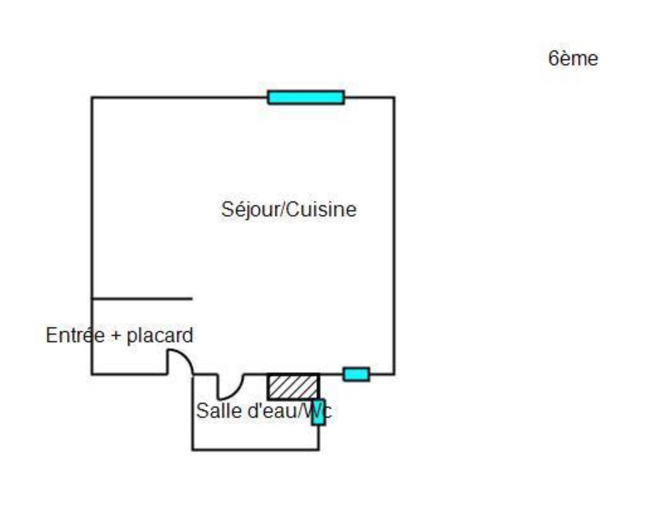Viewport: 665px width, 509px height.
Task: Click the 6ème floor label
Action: click(x=573, y=59)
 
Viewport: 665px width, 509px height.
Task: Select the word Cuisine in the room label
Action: click(x=322, y=210)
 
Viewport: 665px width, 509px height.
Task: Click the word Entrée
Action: click(x=75, y=335)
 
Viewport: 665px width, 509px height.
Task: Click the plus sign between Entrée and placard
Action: click(x=116, y=336)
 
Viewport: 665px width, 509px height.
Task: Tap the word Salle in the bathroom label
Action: click(x=219, y=411)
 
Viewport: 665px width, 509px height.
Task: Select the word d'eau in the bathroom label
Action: click(x=272, y=411)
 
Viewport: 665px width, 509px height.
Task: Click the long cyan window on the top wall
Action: click(x=306, y=97)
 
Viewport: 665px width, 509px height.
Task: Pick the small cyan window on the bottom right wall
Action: click(x=356, y=374)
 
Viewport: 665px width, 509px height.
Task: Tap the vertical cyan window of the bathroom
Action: click(x=318, y=412)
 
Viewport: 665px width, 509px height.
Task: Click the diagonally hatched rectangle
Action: click(x=293, y=387)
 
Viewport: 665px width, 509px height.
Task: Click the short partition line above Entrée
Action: click(x=142, y=298)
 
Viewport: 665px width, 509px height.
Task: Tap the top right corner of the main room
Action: click(x=394, y=97)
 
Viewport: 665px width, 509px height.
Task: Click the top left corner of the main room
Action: click(x=92, y=97)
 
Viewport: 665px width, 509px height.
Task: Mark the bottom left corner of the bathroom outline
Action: click(x=193, y=450)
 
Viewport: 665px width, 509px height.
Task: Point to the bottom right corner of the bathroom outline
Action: click(x=318, y=450)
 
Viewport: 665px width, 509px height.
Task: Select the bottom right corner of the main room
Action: click(x=394, y=374)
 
